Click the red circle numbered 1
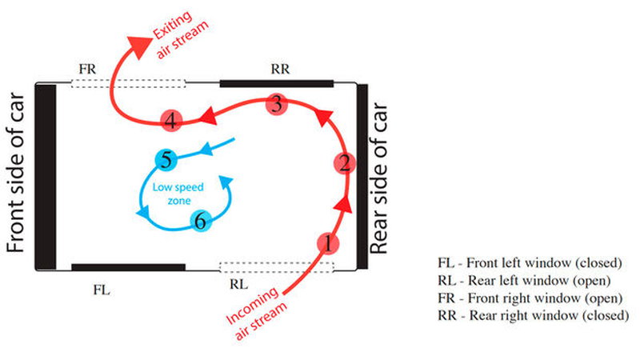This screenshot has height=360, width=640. (328, 243)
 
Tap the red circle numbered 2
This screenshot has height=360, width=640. (345, 163)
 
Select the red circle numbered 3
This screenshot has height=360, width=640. (277, 104)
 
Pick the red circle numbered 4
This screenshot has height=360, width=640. (171, 121)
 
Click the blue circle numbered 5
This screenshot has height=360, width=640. (166, 159)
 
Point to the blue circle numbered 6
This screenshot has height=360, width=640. (201, 221)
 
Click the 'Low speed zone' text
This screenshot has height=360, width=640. (178, 194)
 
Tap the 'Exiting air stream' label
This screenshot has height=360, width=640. (180, 34)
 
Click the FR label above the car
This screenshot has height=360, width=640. (87, 69)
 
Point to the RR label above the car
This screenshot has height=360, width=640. (280, 69)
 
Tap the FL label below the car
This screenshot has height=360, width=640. (102, 290)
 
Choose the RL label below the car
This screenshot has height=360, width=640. (238, 284)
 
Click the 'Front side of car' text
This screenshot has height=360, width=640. (16, 172)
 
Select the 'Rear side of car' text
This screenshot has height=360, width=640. (378, 178)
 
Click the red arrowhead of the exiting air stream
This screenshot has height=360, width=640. (138, 46)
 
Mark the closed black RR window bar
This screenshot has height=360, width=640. (277, 84)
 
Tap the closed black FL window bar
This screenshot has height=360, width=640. (128, 267)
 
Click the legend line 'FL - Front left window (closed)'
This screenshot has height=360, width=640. (530, 263)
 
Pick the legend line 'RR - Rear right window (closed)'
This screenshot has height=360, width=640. (533, 315)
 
